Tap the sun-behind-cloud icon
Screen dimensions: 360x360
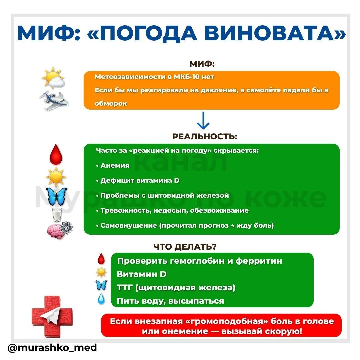tap(53, 78)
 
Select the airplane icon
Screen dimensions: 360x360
tap(53, 101)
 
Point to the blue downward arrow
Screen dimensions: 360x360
tap(203, 120)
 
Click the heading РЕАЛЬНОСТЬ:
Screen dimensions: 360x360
tap(205, 136)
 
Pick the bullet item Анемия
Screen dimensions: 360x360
tap(115, 165)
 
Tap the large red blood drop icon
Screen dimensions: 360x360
tap(56, 155)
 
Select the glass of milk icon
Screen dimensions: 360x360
tap(57, 214)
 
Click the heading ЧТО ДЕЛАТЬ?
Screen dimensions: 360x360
tap(185, 247)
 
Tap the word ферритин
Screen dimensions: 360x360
tap(259, 261)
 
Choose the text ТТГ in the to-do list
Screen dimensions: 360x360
tap(125, 287)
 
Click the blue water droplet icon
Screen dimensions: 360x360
tap(101, 298)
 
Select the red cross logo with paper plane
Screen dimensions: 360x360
tap(52, 316)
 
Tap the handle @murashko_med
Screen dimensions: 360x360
tap(52, 348)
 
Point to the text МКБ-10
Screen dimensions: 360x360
tap(187, 77)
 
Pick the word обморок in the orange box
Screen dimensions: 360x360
tap(111, 103)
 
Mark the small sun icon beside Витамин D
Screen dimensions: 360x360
tap(101, 273)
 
